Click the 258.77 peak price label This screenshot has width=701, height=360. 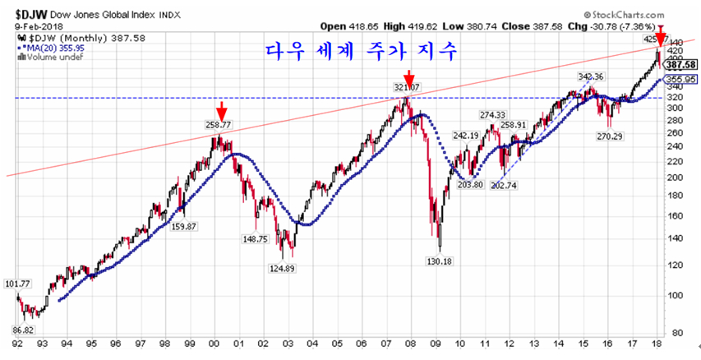coord(218,124)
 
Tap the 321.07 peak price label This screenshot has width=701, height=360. coord(406,86)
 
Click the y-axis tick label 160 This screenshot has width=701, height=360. coord(676,217)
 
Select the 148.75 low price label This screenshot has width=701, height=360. coord(254,239)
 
